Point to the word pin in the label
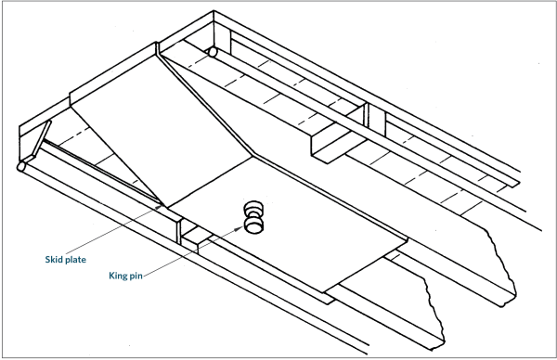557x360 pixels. pos(139,276)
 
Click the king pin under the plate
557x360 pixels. pos(253,219)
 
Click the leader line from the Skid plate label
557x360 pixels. pos(130,231)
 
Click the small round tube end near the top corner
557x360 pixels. pos(213,53)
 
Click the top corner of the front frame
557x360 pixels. pos(215,13)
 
